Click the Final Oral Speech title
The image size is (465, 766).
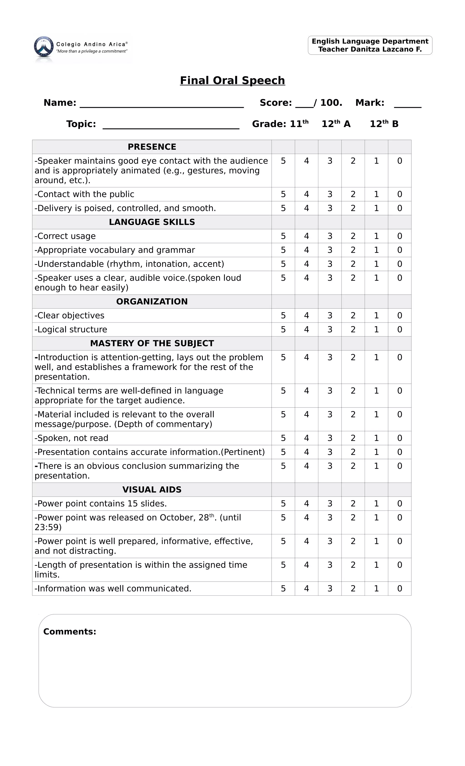click(x=232, y=81)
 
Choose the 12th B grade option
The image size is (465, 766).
click(x=384, y=124)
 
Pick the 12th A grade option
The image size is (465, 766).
click(x=336, y=124)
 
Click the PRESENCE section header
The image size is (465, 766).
click(x=152, y=147)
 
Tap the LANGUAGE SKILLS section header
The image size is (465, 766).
click(x=152, y=222)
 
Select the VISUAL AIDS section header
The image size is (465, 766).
click(x=152, y=490)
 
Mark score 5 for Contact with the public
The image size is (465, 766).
click(x=283, y=194)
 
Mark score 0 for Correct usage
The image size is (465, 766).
click(x=399, y=236)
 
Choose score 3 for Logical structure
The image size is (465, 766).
click(x=329, y=330)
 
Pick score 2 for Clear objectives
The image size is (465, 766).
click(x=353, y=315)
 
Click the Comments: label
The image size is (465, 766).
click(x=70, y=632)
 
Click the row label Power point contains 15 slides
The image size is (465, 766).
click(x=101, y=504)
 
